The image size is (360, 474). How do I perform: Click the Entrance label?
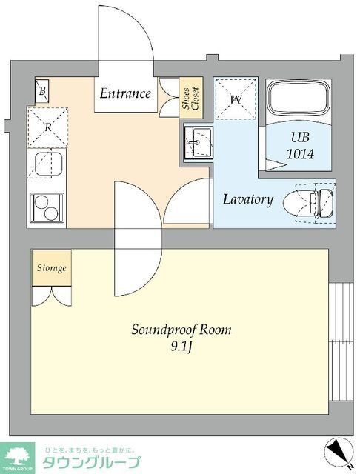(x=125, y=93)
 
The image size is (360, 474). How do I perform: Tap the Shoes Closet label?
(x=190, y=99)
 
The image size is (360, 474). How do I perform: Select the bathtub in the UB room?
(x=299, y=101)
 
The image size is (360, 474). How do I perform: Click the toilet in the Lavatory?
(x=309, y=204)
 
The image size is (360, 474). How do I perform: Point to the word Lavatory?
(x=248, y=200)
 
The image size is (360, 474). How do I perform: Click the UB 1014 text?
(x=301, y=146)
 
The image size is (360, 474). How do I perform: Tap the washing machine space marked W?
(x=236, y=99)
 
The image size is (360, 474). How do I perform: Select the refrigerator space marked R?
(x=47, y=127)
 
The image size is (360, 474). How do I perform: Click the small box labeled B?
(x=42, y=90)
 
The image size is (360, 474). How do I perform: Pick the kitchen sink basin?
(x=48, y=164)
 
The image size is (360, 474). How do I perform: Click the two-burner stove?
(x=47, y=208)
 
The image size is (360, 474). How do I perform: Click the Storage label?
(x=52, y=268)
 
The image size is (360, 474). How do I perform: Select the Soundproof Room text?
(x=181, y=330)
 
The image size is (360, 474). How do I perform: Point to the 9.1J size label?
(x=181, y=347)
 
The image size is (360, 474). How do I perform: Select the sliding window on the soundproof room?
(x=341, y=341)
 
